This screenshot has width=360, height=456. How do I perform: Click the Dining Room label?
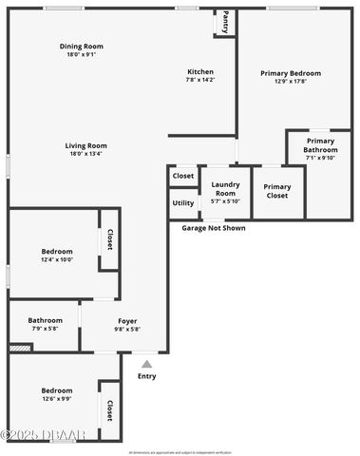82,46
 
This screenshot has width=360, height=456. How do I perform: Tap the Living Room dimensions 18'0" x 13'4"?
85,154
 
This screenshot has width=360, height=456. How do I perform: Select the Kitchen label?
200,72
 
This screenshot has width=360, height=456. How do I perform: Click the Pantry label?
225,21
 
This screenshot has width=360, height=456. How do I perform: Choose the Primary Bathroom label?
320,145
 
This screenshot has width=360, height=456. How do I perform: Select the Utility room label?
183,203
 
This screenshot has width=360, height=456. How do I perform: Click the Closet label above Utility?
183,176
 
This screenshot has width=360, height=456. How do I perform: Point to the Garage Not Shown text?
214,228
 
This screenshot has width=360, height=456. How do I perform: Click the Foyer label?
127,320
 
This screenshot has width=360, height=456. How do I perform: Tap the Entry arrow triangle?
146,363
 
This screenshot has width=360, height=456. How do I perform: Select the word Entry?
146,376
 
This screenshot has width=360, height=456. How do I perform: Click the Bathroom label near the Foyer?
45,320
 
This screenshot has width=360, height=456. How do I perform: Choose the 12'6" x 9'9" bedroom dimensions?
56,398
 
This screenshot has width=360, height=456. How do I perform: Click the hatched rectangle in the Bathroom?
20,348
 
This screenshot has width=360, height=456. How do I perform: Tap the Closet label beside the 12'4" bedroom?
110,240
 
